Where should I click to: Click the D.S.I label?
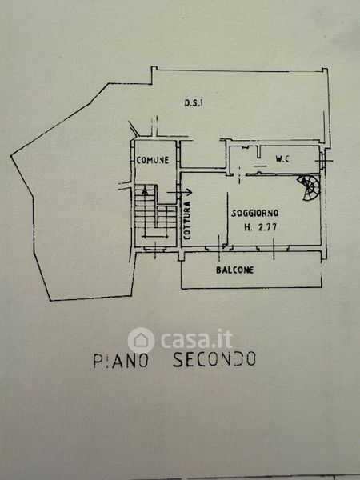coord(193,103)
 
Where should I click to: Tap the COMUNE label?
coord(153,160)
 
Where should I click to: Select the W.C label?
coord(282,158)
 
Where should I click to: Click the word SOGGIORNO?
coord(254,213)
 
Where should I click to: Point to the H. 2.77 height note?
coord(260,227)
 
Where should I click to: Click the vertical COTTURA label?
coord(187,220)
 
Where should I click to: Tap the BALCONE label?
coord(234,270)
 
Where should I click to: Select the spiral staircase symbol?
coord(309,187)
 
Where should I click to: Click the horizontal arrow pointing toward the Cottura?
coord(180,192)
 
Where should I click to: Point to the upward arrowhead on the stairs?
coord(145,190)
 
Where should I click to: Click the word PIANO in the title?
coord(121,361)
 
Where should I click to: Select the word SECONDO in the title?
coord(214,359)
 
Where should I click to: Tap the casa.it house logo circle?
coord(141,341)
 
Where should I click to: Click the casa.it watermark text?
coord(196,339)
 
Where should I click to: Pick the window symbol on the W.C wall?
coord(322,160)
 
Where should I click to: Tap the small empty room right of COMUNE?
coord(202,154)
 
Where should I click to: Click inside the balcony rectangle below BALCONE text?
coord(251,281)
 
